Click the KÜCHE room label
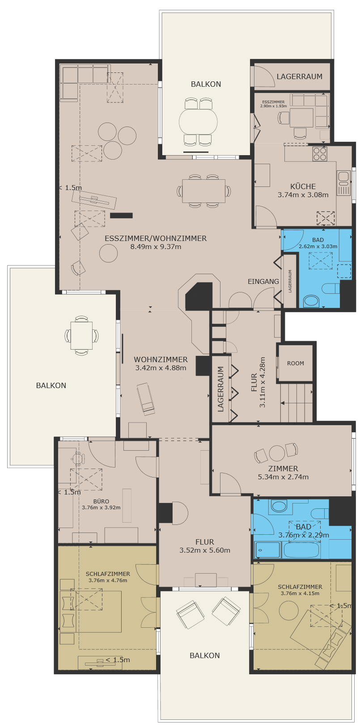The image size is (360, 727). [x=303, y=186]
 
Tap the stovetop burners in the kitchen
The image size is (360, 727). [x=319, y=154]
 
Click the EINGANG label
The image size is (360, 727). [x=263, y=281]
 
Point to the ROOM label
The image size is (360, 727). [x=296, y=363]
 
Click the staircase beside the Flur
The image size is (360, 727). [x=296, y=403]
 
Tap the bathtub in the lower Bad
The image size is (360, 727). [x=302, y=550]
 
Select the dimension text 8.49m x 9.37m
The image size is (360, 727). [x=156, y=247]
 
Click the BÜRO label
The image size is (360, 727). [x=101, y=502]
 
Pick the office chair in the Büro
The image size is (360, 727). [x=78, y=459]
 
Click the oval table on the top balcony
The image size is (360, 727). [x=199, y=122]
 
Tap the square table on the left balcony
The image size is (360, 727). [x=81, y=335]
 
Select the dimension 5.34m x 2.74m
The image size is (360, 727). [x=283, y=477]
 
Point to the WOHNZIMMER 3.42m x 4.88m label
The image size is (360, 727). [x=161, y=363]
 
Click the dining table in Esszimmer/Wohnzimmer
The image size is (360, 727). [x=203, y=191]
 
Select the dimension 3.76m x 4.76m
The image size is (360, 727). [x=108, y=580]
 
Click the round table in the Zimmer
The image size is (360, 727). [x=277, y=453]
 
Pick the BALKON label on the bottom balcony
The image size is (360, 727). [x=204, y=655]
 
